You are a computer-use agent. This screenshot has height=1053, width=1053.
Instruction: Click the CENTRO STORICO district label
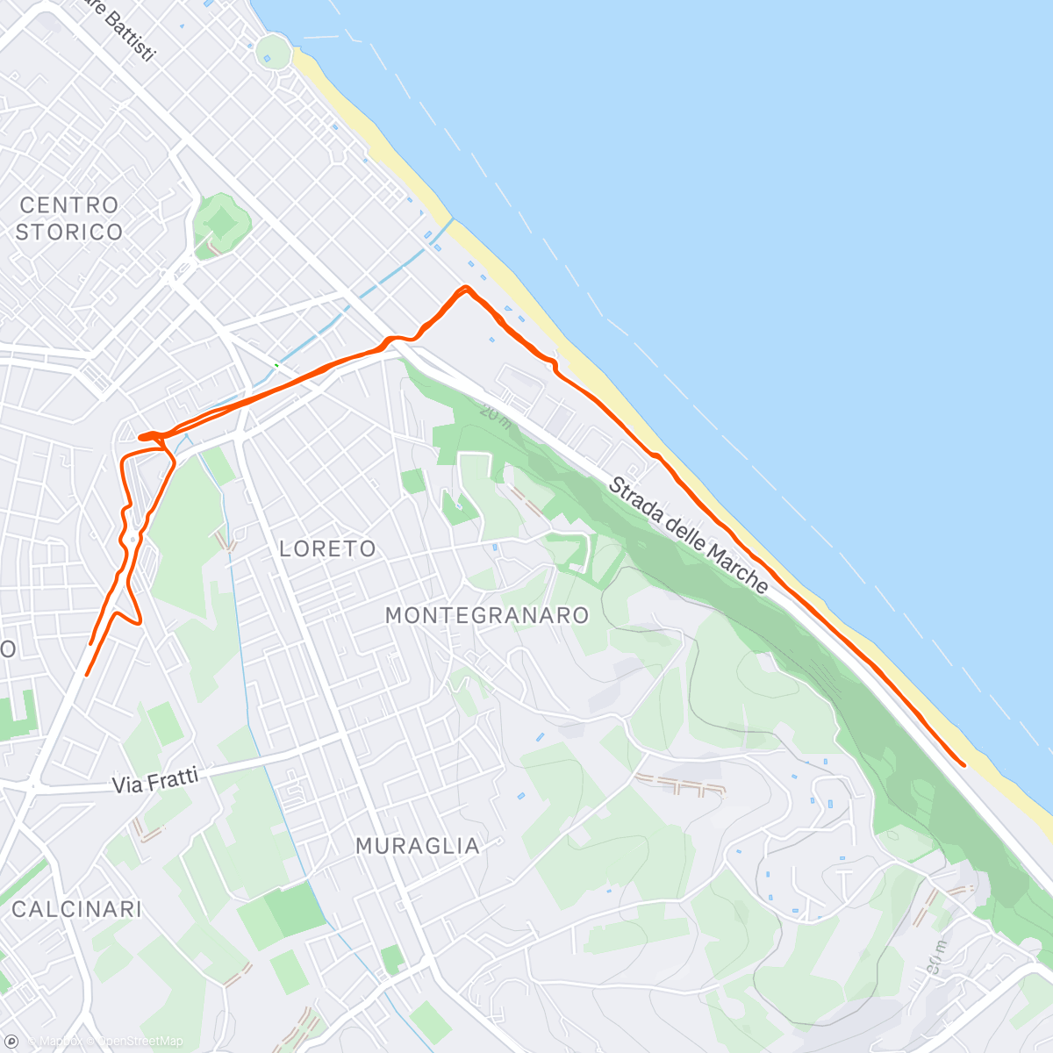(x=68, y=218)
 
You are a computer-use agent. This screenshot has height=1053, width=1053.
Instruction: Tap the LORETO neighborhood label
(x=327, y=549)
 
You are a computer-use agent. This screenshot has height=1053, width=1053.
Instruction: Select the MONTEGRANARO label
(x=487, y=615)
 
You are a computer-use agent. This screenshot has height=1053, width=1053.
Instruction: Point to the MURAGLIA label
(x=418, y=847)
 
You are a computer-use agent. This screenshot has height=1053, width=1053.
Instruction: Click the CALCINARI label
(x=76, y=909)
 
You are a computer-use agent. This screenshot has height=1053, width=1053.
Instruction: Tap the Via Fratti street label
(x=155, y=781)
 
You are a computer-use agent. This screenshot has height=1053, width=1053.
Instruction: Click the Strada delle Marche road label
(x=689, y=534)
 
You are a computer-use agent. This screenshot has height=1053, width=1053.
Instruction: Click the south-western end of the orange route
(x=86, y=674)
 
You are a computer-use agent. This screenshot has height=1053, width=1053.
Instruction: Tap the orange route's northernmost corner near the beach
(x=466, y=288)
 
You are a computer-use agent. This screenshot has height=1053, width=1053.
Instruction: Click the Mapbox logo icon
(x=12, y=1041)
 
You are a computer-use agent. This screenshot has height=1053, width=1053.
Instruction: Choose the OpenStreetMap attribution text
(x=140, y=1042)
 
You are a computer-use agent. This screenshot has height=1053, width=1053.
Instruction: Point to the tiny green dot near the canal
(x=276, y=365)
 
